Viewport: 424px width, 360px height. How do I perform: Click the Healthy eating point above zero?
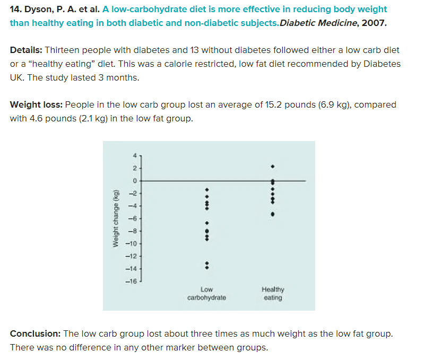(272, 167)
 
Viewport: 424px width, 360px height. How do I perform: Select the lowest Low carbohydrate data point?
(207, 267)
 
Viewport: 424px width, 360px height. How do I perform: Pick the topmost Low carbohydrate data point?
(207, 188)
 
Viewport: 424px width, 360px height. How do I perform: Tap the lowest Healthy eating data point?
(273, 214)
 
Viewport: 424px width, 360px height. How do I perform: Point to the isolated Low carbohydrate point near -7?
(207, 223)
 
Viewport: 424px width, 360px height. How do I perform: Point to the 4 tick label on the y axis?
(135, 155)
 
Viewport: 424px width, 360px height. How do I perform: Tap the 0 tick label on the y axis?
(135, 181)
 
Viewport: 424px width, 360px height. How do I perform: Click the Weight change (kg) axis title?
(115, 218)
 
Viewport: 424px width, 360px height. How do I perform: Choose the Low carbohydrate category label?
(206, 293)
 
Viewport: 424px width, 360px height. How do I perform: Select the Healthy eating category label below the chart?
(273, 293)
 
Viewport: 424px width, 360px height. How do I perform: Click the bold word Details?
(26, 50)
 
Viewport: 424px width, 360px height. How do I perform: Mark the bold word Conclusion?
(35, 333)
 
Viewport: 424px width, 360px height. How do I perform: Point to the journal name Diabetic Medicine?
(311, 23)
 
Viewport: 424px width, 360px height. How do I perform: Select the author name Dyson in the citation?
(38, 10)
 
